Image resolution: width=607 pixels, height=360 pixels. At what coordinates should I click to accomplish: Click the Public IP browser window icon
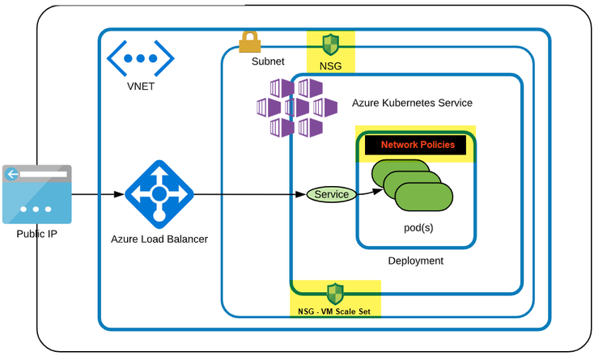point(36,194)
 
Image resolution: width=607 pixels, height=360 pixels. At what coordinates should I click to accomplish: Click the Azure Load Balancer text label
point(159,239)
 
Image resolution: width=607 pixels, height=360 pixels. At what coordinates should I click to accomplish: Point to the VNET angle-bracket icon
point(142,59)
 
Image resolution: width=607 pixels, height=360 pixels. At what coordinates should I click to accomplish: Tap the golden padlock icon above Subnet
point(248,40)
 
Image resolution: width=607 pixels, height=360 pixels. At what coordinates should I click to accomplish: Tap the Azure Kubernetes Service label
point(412,104)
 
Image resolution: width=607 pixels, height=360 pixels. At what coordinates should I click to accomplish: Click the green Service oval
point(331,194)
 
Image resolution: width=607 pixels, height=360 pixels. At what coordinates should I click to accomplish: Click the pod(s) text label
point(420,229)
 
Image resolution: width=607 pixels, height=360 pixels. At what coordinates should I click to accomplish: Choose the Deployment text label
point(415,260)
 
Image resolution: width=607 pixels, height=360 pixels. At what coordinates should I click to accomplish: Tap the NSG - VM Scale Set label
point(333,310)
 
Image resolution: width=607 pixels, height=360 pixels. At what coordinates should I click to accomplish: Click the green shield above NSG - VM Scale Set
point(334,292)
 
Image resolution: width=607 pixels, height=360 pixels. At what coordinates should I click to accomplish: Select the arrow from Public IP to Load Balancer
point(97,194)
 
